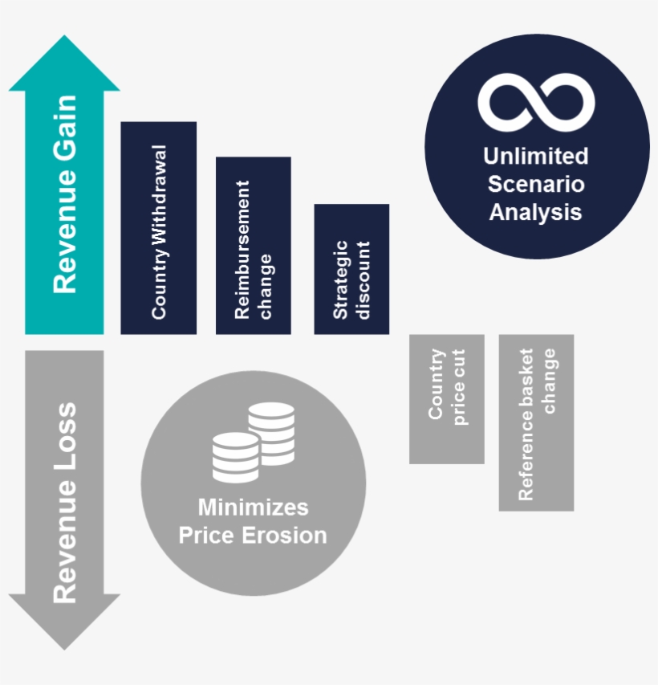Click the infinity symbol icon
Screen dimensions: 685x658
(536, 102)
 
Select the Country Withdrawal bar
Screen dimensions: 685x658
(158, 227)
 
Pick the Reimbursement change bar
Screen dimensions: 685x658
(253, 245)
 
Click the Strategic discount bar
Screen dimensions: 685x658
(351, 268)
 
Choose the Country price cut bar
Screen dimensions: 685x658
(446, 398)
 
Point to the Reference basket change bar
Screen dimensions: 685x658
(536, 422)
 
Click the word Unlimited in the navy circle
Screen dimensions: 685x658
(536, 156)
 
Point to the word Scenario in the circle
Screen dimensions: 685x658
(536, 184)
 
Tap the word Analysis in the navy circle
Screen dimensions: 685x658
(536, 212)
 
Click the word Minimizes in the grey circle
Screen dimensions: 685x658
(253, 508)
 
